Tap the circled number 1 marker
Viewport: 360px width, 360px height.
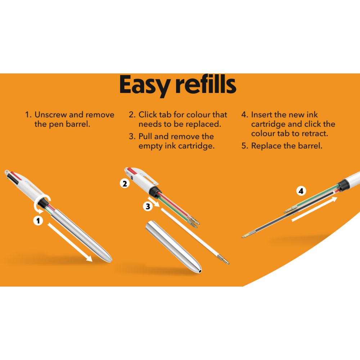[38, 221]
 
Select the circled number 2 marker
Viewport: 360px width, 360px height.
[125, 184]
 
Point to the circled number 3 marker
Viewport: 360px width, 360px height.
[148, 206]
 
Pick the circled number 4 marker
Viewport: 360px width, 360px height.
[301, 191]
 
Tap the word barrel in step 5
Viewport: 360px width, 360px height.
[310, 146]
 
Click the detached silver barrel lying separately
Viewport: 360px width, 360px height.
[174, 247]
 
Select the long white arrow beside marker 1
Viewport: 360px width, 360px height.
[70, 242]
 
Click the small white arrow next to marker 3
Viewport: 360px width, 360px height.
[153, 202]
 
